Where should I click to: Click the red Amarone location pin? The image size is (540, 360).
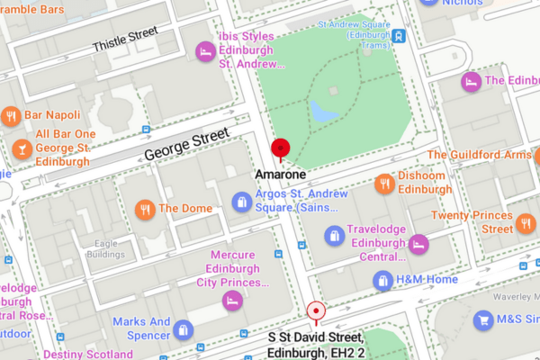pyautogui.click(x=282, y=149)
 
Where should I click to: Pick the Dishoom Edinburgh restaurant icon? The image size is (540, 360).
pyautogui.click(x=386, y=183)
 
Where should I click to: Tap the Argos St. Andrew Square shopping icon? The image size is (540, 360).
pyautogui.click(x=241, y=202)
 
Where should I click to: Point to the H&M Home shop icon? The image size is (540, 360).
pyautogui.click(x=384, y=280)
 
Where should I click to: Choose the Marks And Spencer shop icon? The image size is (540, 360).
pyautogui.click(x=184, y=329)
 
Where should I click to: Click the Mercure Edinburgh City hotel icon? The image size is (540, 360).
pyautogui.click(x=232, y=300)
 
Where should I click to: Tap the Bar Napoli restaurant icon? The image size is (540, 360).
pyautogui.click(x=11, y=116)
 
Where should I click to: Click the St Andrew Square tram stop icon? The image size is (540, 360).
pyautogui.click(x=398, y=37)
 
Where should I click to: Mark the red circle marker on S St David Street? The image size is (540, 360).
pyautogui.click(x=316, y=312)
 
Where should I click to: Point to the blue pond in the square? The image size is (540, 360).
pyautogui.click(x=319, y=112)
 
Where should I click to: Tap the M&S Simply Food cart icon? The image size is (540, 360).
pyautogui.click(x=484, y=319)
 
